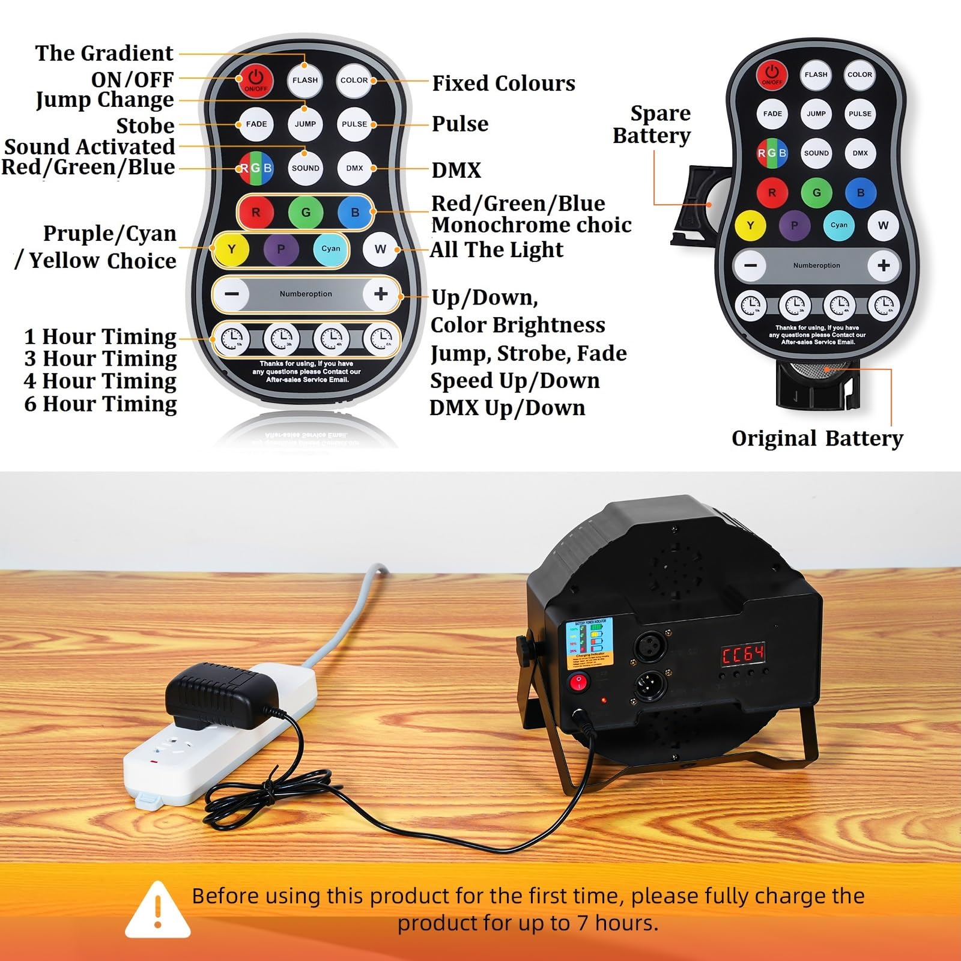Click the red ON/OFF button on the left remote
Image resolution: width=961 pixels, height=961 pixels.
pyautogui.click(x=256, y=80)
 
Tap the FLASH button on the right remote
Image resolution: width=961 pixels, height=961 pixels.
pyautogui.click(x=816, y=74)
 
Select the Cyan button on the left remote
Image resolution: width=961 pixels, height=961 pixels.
pyautogui.click(x=330, y=249)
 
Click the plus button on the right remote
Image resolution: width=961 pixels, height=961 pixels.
pyautogui.click(x=883, y=265)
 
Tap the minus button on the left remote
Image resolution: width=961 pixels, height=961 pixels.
pyautogui.click(x=232, y=294)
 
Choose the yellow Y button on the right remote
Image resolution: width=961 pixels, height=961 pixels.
pyautogui.click(x=750, y=226)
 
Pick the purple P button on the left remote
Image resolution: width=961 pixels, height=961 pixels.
pyautogui.click(x=280, y=249)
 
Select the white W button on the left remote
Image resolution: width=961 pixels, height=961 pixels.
pyautogui.click(x=380, y=249)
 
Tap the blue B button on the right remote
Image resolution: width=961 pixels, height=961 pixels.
pyautogui.click(x=860, y=193)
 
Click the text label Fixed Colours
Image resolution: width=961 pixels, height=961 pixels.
pyautogui.click(x=503, y=83)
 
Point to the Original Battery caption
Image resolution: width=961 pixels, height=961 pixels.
pyautogui.click(x=817, y=438)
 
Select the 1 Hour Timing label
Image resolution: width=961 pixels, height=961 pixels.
pyautogui.click(x=100, y=336)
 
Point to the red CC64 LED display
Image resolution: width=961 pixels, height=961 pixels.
pyautogui.click(x=743, y=654)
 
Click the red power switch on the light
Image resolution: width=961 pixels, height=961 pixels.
pyautogui.click(x=579, y=682)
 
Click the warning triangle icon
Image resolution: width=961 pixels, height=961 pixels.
pyautogui.click(x=158, y=910)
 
